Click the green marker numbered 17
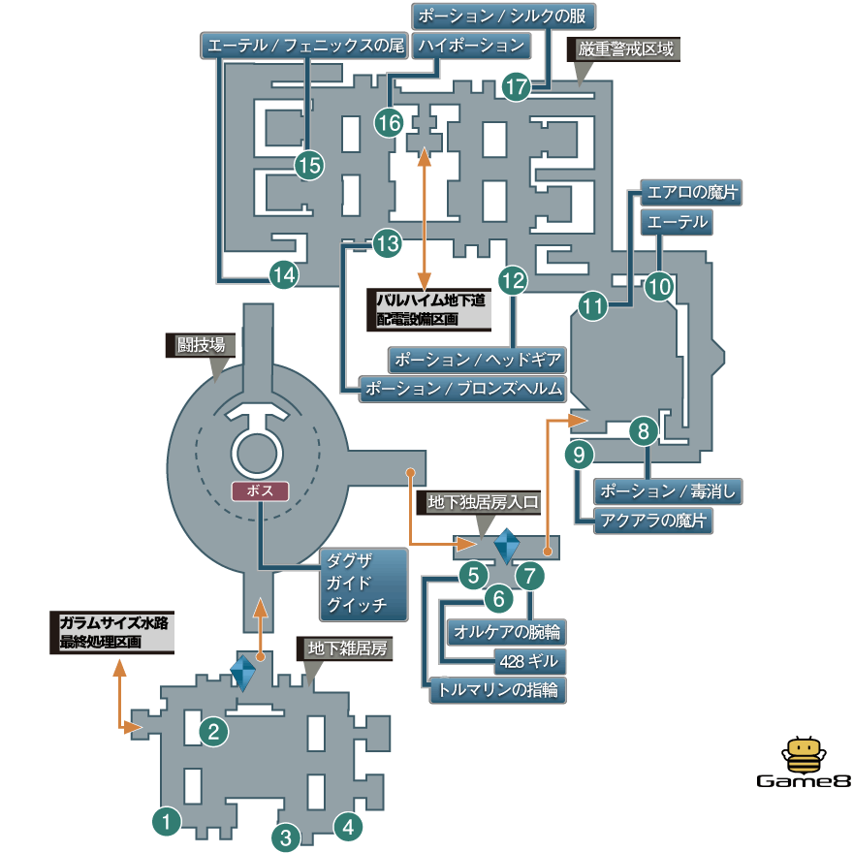tap(518, 87)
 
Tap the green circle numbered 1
tap(168, 822)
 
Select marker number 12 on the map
tap(513, 281)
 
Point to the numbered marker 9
tap(579, 452)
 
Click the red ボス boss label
tap(261, 490)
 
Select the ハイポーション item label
tap(471, 46)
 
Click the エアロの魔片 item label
tap(691, 193)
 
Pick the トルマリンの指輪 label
tap(498, 690)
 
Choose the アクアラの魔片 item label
tap(653, 521)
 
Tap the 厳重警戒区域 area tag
tap(625, 49)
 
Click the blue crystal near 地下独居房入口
tap(507, 546)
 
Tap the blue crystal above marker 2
tap(242, 672)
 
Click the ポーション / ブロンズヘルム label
tap(460, 389)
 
